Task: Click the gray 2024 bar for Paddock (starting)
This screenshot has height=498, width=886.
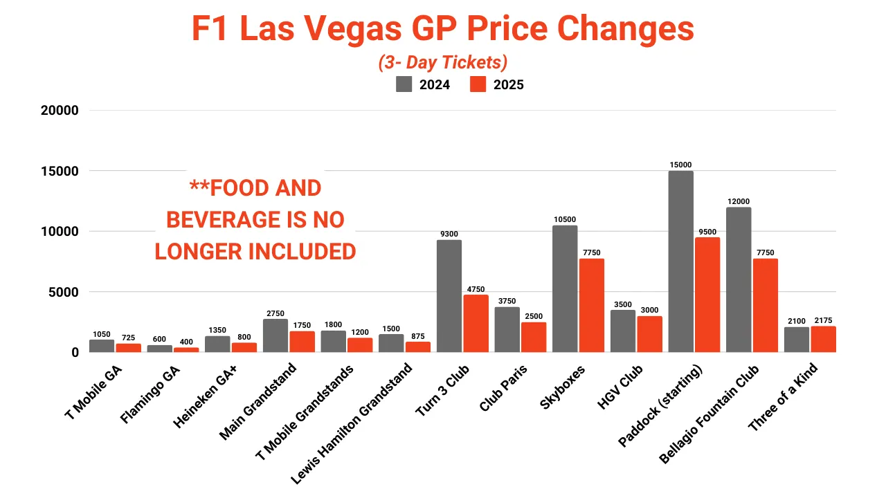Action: [680, 261]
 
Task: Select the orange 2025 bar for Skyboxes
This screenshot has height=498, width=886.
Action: [592, 305]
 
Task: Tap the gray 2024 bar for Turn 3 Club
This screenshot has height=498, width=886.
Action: [449, 296]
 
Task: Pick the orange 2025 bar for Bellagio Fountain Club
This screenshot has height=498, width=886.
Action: [766, 305]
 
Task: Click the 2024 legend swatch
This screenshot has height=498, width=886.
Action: [404, 84]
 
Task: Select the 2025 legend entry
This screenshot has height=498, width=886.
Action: [496, 84]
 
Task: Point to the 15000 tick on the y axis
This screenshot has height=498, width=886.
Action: [59, 171]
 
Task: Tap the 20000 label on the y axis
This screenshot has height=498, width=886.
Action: [59, 111]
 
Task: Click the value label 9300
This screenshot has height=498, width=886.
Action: [449, 234]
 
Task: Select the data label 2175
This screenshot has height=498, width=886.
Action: [823, 321]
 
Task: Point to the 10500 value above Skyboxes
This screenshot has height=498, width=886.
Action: [565, 220]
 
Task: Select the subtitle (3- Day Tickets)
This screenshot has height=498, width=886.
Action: [443, 62]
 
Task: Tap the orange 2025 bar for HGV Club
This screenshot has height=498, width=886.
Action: [650, 334]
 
